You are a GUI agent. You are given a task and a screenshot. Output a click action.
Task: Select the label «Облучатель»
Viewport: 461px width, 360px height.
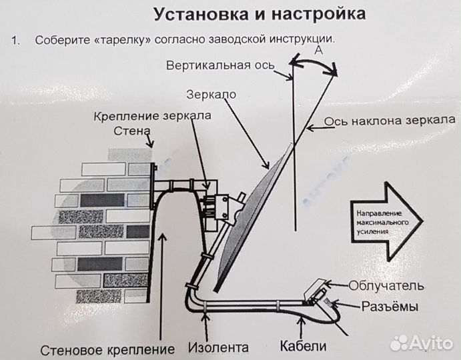click(x=386, y=287)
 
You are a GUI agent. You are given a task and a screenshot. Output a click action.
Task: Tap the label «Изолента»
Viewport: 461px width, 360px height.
click(x=217, y=347)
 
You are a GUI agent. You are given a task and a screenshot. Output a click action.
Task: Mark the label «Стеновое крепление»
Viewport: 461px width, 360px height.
click(x=107, y=348)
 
